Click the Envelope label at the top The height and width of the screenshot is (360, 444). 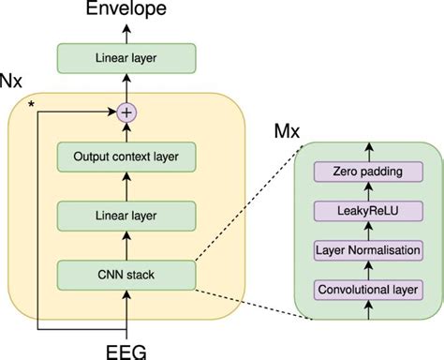pos(126,9)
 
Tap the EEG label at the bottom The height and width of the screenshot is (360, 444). pos(126,350)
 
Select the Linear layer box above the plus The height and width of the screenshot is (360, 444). pos(126,58)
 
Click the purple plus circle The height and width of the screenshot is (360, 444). pos(126,112)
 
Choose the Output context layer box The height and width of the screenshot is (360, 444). pos(126,157)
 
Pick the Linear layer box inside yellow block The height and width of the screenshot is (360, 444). pos(126,217)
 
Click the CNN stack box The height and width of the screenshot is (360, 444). pos(126,274)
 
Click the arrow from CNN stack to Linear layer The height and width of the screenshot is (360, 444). pos(126,246)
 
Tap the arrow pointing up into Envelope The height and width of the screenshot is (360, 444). pos(126,30)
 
